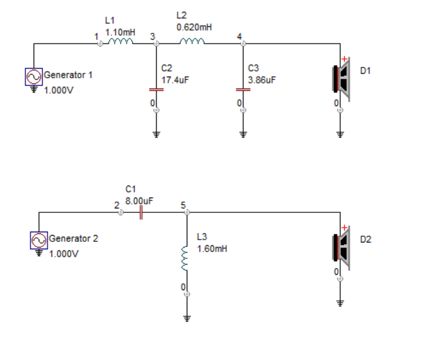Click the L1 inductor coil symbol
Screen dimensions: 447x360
(x=121, y=41)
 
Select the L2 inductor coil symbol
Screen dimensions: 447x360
(x=192, y=41)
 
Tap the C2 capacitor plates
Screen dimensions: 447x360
(x=156, y=90)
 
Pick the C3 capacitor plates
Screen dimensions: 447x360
(x=243, y=90)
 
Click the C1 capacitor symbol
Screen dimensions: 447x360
(x=141, y=212)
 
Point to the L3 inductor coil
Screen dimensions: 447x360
(x=185, y=258)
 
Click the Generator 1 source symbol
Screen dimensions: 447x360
(x=33, y=77)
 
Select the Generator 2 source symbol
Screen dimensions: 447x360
(x=39, y=241)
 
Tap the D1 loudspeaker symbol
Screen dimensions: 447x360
(x=341, y=79)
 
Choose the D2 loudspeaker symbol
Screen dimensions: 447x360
(x=341, y=248)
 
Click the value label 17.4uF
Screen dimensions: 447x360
(x=175, y=80)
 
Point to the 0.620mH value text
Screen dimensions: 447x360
(x=194, y=27)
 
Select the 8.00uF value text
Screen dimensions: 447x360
(x=139, y=201)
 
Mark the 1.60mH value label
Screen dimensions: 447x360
(x=212, y=249)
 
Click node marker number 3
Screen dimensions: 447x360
(x=153, y=36)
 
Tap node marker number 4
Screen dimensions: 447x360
(x=239, y=36)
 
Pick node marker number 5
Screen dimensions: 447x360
(x=183, y=206)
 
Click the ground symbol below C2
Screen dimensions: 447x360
(x=156, y=135)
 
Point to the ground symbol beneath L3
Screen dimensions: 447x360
(x=187, y=319)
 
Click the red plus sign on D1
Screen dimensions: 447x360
(x=344, y=59)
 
